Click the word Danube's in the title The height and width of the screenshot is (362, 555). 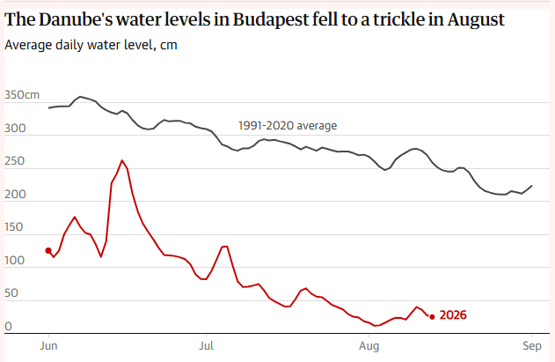point(75,19)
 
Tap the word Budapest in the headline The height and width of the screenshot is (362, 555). point(271,20)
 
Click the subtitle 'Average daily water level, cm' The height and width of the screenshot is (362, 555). point(91,45)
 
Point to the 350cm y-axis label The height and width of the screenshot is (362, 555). point(22,94)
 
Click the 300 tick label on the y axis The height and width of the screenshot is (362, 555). point(15,128)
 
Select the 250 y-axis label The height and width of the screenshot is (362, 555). point(14,161)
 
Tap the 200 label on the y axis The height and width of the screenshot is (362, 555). point(15,195)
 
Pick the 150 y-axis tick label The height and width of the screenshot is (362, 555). point(13,227)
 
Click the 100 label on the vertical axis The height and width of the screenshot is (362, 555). point(14,260)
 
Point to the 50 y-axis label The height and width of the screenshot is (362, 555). point(11,293)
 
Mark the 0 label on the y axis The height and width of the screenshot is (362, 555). point(8,326)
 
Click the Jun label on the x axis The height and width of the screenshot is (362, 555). point(48,345)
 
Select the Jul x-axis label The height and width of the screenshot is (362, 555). point(207,345)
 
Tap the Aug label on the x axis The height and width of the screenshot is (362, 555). point(369,346)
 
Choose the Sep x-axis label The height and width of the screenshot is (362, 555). point(532,346)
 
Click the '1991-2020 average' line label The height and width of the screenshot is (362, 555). point(288,126)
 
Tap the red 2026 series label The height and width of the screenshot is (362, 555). point(453,314)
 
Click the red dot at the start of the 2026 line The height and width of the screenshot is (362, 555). point(48,251)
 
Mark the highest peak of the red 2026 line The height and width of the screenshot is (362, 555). point(122,160)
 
